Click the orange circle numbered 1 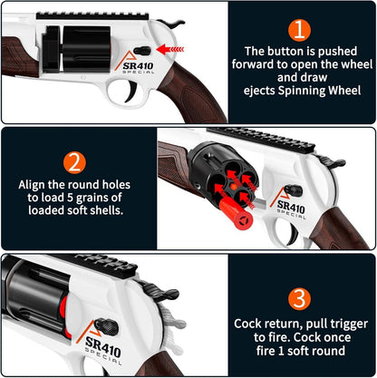(299, 30)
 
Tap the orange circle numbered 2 (74, 163)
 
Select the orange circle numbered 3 (299, 299)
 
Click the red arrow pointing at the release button (170, 49)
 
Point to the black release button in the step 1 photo (142, 51)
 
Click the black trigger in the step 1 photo (131, 92)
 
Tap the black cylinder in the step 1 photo (86, 49)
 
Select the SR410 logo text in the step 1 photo (138, 65)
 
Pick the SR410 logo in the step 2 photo (291, 207)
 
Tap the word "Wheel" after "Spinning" (344, 91)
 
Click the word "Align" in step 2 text (32, 185)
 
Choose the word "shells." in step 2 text (107, 210)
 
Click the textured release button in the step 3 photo (106, 327)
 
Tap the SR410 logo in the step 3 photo (102, 346)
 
